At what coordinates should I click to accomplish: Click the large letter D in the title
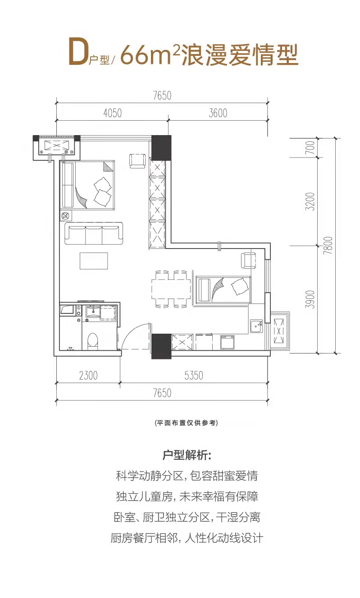78,53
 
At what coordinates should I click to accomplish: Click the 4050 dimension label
112,113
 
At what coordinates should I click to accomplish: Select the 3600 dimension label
218,113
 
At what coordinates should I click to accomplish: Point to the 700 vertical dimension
309,148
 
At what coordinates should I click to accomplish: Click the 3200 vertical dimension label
309,202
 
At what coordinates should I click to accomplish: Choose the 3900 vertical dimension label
309,299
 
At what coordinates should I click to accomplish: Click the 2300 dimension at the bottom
87,375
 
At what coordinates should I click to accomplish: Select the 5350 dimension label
194,375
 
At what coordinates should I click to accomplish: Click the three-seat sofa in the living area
94,233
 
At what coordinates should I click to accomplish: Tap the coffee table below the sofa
94,261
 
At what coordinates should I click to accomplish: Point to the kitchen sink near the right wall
256,326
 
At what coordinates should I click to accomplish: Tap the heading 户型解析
186,455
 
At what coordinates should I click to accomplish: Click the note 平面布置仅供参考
186,423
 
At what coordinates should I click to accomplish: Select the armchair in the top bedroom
137,161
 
